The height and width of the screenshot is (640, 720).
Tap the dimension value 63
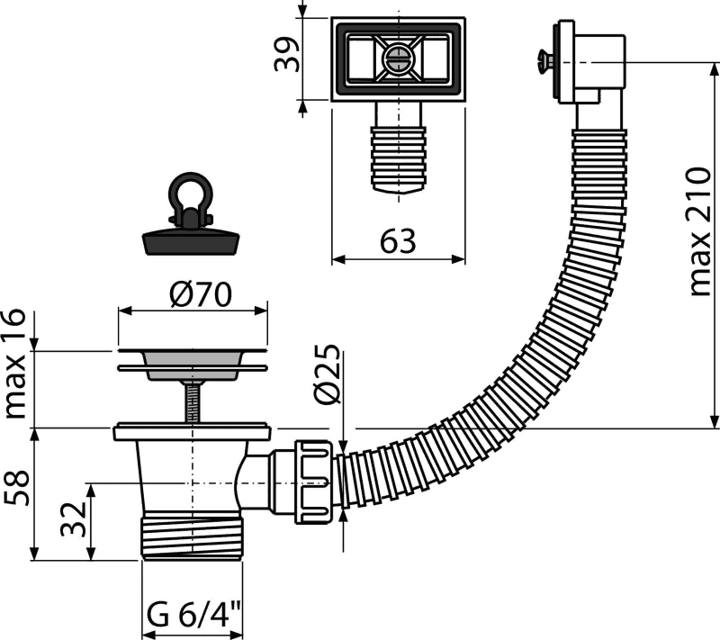[x=398, y=241]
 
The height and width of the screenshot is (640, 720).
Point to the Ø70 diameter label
[x=201, y=294]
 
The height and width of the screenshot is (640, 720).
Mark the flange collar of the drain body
[x=191, y=433]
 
